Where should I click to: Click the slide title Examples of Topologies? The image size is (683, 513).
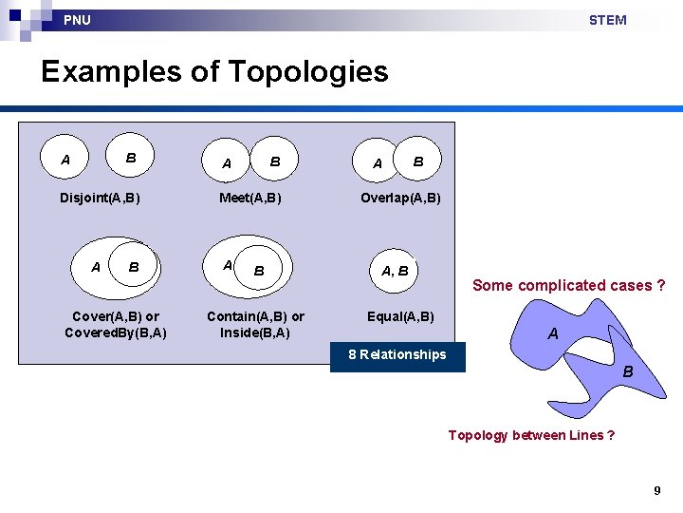point(214,71)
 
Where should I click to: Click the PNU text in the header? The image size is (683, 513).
point(77,20)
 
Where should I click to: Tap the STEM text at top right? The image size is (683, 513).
point(607,20)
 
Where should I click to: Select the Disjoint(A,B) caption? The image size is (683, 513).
point(100,198)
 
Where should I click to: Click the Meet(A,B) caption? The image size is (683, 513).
point(250,198)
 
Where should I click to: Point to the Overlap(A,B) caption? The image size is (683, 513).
point(400,198)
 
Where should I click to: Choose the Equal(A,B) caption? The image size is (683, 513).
point(400,316)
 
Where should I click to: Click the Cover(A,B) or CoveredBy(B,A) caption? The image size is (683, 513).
point(116,324)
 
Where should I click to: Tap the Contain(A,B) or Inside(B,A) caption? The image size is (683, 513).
point(255,324)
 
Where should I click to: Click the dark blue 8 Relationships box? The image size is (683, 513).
point(397,355)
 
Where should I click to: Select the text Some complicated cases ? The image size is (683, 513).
point(568,285)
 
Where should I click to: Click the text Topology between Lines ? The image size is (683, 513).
point(531,435)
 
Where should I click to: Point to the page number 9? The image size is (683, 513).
point(656,490)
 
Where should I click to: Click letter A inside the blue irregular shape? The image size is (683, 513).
point(553,333)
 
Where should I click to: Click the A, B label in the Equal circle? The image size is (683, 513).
point(395,271)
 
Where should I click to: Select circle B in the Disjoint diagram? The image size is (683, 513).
point(132,158)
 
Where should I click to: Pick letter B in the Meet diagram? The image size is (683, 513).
point(275,162)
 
